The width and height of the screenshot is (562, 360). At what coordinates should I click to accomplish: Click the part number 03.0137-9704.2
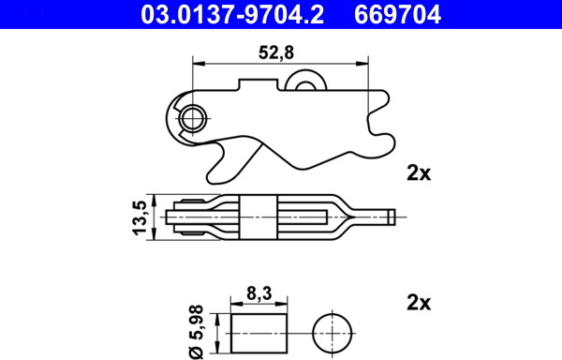pyautogui.click(x=232, y=15)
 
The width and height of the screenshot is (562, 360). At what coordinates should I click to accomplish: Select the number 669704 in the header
pyautogui.click(x=397, y=15)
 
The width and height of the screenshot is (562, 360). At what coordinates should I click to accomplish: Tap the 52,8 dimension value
pyautogui.click(x=276, y=52)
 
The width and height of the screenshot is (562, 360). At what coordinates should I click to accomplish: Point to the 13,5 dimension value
pyautogui.click(x=140, y=217)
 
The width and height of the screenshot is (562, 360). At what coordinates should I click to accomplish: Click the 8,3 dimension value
pyautogui.click(x=259, y=293)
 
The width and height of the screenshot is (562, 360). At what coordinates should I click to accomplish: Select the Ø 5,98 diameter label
pyautogui.click(x=197, y=332)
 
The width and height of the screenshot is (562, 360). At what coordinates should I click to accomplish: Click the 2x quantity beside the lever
pyautogui.click(x=419, y=172)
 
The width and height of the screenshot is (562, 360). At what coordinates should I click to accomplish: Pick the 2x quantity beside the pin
pyautogui.click(x=419, y=303)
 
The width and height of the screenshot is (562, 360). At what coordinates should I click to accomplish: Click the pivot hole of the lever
pyautogui.click(x=193, y=118)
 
